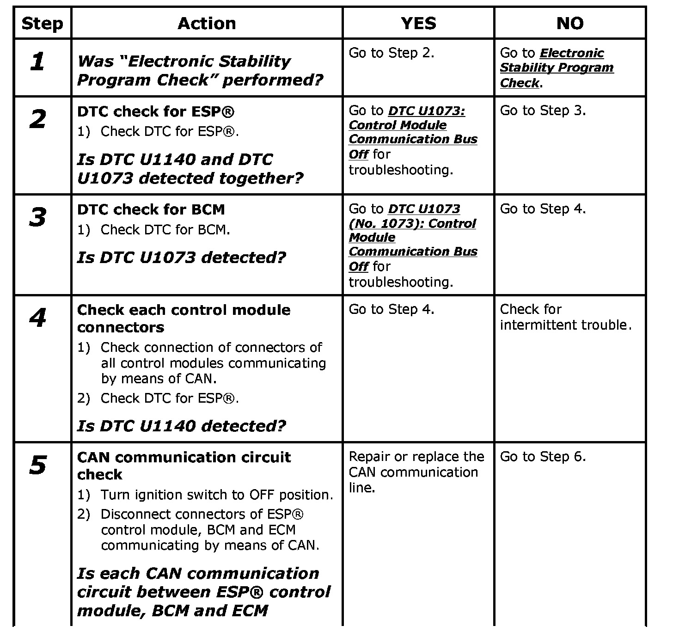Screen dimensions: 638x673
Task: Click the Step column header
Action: [42, 23]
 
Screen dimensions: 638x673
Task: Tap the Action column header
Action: [207, 23]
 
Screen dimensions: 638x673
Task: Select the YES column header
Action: [418, 23]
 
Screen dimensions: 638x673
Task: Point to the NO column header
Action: [569, 23]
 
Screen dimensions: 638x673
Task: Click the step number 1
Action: [38, 61]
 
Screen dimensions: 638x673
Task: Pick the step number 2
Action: [38, 119]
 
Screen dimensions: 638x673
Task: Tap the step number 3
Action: [38, 217]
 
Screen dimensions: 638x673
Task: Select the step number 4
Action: [38, 318]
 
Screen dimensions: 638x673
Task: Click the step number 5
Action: [38, 465]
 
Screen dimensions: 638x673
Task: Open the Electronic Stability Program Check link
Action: [557, 68]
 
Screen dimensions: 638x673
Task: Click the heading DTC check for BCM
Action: [151, 209]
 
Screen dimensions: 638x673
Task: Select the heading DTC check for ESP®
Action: [156, 111]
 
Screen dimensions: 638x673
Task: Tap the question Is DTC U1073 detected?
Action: [182, 257]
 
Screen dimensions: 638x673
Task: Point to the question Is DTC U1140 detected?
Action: [182, 425]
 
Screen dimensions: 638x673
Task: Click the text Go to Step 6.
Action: [543, 457]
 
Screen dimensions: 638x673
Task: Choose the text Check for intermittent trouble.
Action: [565, 317]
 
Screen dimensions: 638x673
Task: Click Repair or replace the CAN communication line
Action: [416, 472]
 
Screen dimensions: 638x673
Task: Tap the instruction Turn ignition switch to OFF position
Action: [217, 495]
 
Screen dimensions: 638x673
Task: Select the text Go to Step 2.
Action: [391, 53]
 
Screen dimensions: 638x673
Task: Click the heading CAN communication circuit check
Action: [184, 465]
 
